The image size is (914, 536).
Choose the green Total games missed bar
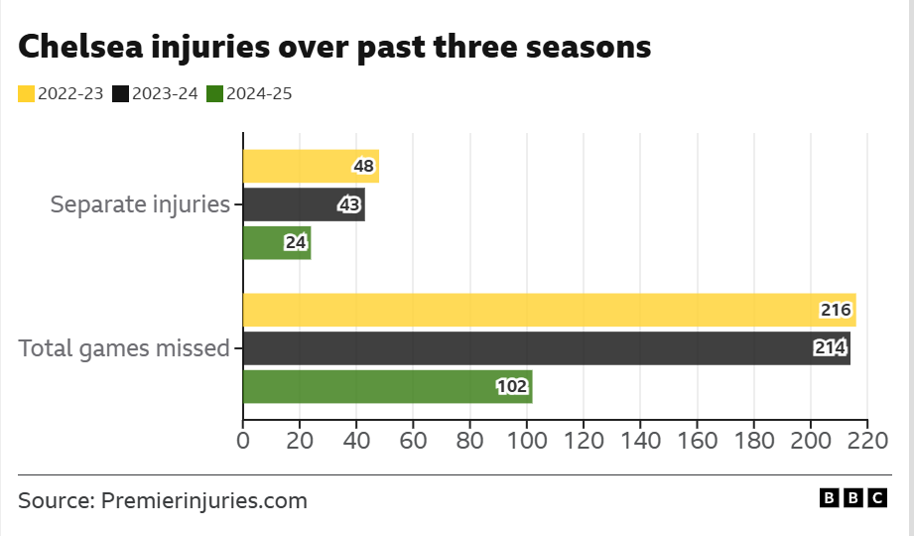387,386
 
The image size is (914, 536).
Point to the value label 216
836,311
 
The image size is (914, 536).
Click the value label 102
512,387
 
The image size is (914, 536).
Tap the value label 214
830,348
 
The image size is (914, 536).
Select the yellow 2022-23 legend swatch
26,94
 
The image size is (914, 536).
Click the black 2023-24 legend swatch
120,94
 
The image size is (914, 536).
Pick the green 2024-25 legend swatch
214,94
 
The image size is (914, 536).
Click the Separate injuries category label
140,205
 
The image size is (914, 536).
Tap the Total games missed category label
124,348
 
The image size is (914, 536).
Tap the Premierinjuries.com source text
204,500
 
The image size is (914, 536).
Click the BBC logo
852,498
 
